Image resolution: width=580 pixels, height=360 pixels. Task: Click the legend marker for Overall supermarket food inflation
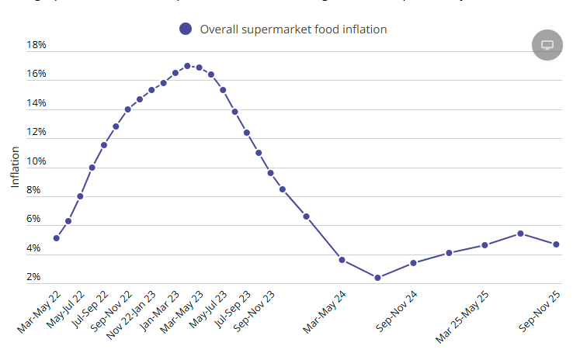pos(185,29)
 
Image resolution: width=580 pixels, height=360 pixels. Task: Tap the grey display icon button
pos(547,44)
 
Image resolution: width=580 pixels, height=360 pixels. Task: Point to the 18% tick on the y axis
pos(36,45)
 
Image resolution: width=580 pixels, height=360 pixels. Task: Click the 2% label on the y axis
pos(33,277)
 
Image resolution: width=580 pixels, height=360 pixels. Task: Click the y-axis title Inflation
pos(15,168)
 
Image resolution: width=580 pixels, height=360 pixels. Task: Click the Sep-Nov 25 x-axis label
pos(540,313)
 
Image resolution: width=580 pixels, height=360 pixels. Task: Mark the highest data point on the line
pos(187,66)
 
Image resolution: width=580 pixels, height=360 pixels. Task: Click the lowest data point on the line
pos(377,278)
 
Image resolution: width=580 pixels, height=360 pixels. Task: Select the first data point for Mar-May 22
pos(57,238)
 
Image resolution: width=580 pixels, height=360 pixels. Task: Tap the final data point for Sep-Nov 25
pos(556,244)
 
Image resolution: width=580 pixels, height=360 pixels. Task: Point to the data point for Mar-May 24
pos(342,259)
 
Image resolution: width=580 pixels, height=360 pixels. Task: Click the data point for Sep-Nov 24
pos(413,263)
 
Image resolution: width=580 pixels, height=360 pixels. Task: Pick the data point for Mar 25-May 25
pos(484,245)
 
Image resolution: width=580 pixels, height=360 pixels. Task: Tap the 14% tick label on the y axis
pos(36,103)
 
